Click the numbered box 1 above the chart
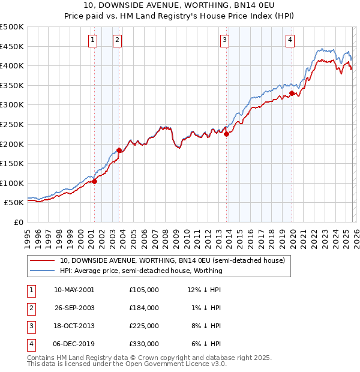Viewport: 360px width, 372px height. [94, 40]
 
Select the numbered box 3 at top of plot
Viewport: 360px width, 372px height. [224, 40]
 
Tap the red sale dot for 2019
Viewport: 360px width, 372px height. [292, 93]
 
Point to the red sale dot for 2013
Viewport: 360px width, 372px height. [227, 134]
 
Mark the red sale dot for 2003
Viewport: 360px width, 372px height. [119, 150]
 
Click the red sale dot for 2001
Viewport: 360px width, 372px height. [94, 181]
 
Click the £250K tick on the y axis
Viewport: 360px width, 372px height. [11, 124]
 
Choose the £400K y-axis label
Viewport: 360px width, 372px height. [11, 65]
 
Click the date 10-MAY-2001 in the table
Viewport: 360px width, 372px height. [74, 290]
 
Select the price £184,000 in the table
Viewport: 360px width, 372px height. [144, 308]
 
